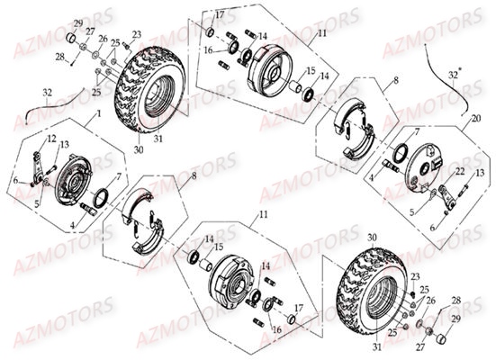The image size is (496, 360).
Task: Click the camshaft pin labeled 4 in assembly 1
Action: [90, 210]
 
